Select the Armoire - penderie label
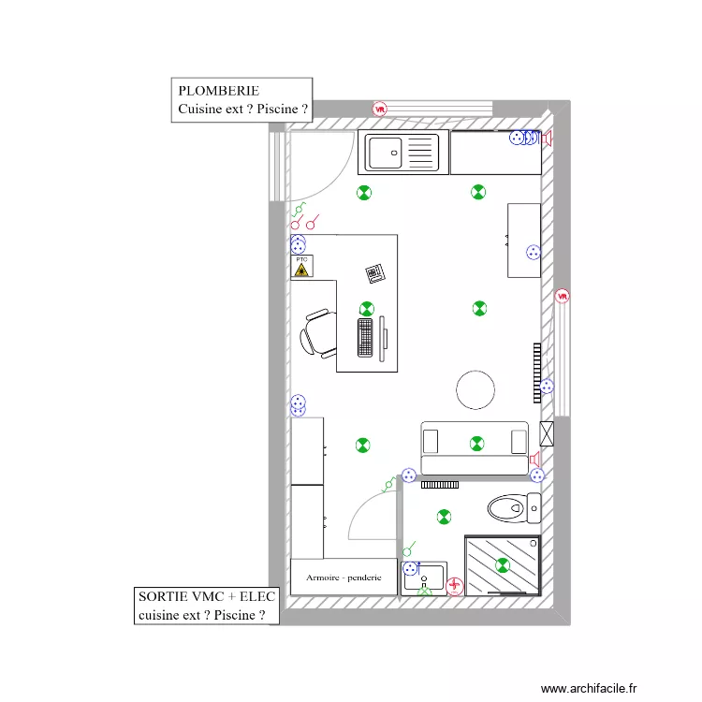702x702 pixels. pyautogui.click(x=344, y=578)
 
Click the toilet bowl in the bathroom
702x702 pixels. pyautogui.click(x=507, y=508)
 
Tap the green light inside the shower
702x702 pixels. pyautogui.click(x=503, y=564)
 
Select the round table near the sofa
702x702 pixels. pyautogui.click(x=475, y=389)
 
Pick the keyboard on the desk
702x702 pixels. pyautogui.click(x=365, y=337)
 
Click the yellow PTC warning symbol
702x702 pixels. pyautogui.click(x=301, y=269)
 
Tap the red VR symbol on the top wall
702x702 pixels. pyautogui.click(x=380, y=109)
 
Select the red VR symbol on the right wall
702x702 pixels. pyautogui.click(x=563, y=296)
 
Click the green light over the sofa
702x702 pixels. pyautogui.click(x=477, y=443)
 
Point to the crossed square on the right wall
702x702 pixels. pyautogui.click(x=547, y=433)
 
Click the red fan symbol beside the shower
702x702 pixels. pyautogui.click(x=455, y=587)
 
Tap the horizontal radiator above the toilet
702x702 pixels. pyautogui.click(x=438, y=485)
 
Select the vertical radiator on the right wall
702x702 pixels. pyautogui.click(x=537, y=373)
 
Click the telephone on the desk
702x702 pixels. pyautogui.click(x=374, y=273)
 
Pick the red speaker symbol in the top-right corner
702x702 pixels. pyautogui.click(x=548, y=139)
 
